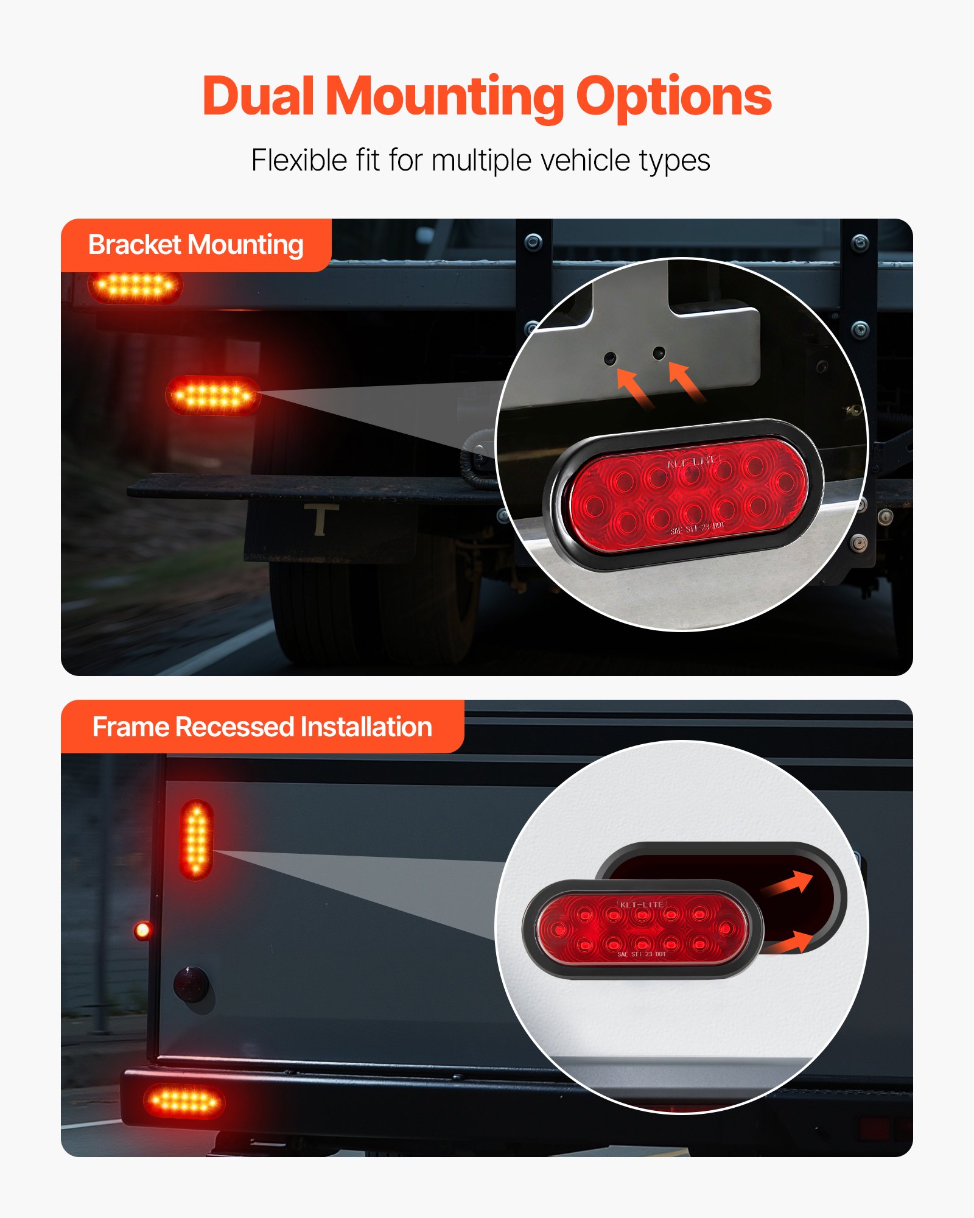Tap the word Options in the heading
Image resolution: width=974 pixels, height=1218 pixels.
[673, 97]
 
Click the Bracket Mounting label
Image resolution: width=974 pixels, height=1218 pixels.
[195, 245]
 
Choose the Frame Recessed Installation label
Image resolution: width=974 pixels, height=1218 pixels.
[262, 727]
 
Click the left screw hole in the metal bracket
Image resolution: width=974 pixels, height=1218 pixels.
[610, 358]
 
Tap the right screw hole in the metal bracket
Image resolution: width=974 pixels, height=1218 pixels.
[659, 353]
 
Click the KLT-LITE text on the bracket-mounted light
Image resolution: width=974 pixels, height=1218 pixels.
[693, 462]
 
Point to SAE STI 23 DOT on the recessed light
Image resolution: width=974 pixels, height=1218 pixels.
[642, 954]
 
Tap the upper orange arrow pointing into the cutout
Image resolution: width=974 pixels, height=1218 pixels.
[790, 884]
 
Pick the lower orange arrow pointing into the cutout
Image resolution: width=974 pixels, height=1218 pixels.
[790, 943]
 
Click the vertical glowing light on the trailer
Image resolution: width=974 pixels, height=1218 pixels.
[197, 839]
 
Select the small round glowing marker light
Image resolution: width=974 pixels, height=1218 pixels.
[142, 930]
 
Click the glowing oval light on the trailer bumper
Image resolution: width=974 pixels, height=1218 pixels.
[184, 1101]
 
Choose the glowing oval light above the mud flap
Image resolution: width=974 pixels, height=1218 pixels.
[213, 396]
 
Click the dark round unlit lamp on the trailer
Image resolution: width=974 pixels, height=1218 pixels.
[191, 984]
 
